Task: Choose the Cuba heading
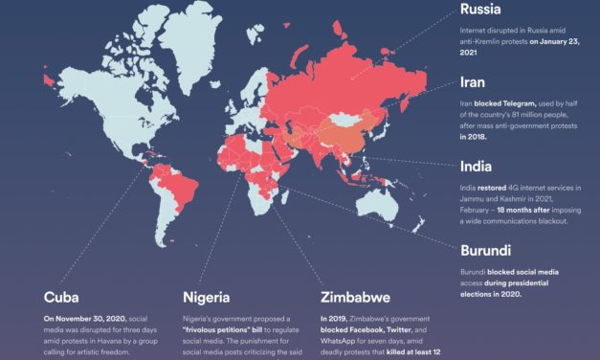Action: coord(64,297)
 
